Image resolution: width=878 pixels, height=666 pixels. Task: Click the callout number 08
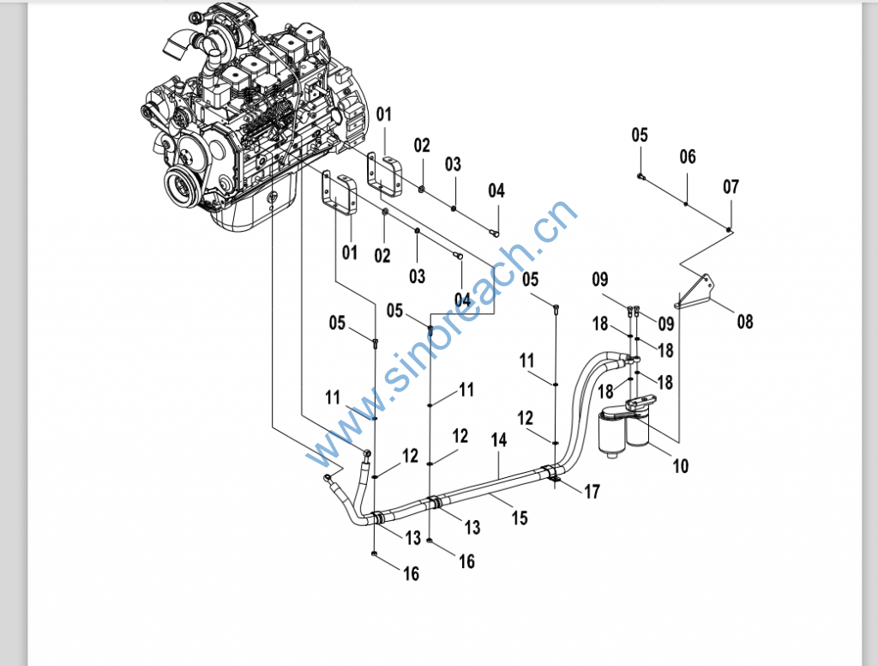pos(745,323)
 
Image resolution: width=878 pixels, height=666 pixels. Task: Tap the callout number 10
pos(680,467)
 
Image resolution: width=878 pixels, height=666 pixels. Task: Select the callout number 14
pos(499,440)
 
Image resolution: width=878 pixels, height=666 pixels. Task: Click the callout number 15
pos(520,518)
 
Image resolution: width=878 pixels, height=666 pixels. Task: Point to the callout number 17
pos(592,492)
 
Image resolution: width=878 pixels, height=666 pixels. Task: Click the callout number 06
pos(688,157)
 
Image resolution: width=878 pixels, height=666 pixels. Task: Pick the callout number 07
pos(731,187)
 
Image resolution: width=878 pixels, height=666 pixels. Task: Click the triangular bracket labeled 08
pos(698,292)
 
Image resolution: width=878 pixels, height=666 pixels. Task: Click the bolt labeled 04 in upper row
pos(494,229)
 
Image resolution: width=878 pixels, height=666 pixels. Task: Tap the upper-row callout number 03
pos(453,164)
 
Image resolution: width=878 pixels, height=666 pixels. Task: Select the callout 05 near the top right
pos(640,135)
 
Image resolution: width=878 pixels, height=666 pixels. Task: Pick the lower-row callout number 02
pos(382,255)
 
